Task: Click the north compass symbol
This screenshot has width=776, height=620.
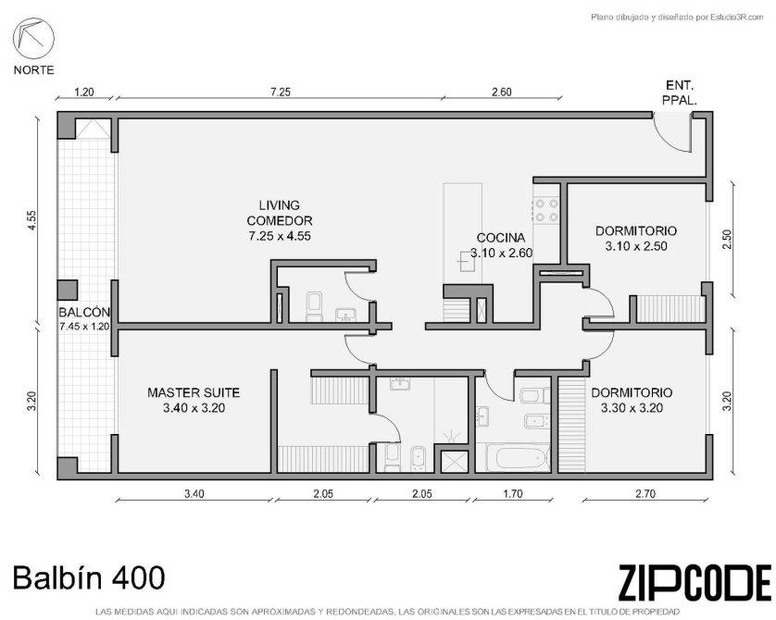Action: click(33, 39)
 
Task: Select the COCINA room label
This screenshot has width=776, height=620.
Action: click(501, 238)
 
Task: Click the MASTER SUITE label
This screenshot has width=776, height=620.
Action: click(194, 392)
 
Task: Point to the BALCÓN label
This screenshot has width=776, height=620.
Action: click(83, 313)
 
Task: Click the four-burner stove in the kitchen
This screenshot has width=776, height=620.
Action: click(545, 210)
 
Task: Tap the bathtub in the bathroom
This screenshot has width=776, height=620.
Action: click(518, 458)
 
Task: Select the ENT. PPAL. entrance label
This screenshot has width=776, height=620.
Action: click(680, 93)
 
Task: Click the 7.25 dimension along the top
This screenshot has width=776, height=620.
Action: click(280, 92)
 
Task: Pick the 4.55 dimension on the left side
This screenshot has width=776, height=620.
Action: click(31, 220)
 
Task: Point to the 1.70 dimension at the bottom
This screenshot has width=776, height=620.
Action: click(513, 493)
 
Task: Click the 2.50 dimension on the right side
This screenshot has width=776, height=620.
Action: click(727, 240)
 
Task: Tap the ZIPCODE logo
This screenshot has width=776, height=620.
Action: click(695, 582)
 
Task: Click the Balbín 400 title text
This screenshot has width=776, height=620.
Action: click(89, 577)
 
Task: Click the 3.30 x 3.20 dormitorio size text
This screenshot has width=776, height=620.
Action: click(632, 408)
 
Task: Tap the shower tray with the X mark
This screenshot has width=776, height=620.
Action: click(454, 462)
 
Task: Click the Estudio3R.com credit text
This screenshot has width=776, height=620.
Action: click(678, 18)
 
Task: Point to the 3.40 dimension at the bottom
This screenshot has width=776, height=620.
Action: click(194, 493)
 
